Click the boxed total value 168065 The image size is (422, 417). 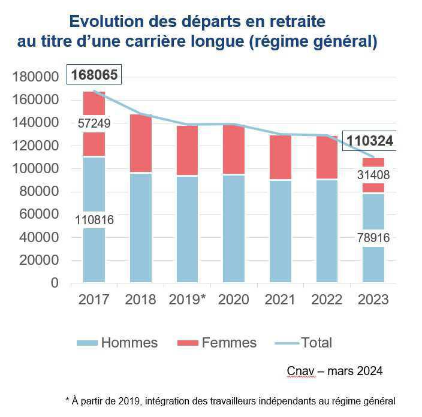click(x=95, y=75)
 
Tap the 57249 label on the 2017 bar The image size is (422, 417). click(x=94, y=123)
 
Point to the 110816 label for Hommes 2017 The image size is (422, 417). click(x=94, y=220)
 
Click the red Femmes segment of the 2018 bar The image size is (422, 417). click(x=141, y=143)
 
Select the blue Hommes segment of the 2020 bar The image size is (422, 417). click(x=234, y=228)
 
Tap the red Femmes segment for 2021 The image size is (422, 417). click(x=281, y=157)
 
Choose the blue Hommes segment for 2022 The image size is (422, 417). click(x=327, y=231)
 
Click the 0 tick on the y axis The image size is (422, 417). click(x=55, y=283)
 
